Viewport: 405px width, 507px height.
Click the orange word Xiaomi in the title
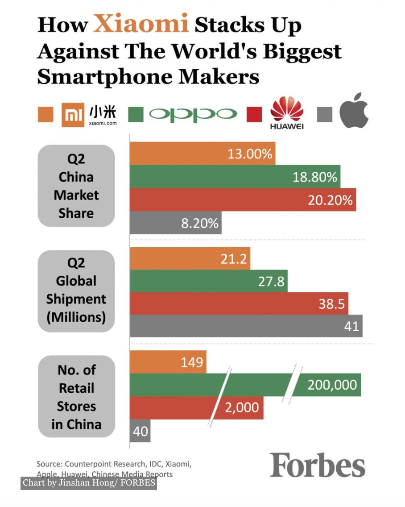tap(141, 24)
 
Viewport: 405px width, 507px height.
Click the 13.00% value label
tap(250, 154)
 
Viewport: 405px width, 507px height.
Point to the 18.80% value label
tap(315, 177)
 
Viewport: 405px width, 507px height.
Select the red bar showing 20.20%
tap(243, 200)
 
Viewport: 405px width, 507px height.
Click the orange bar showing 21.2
tap(190, 259)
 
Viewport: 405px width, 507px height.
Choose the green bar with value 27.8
tap(208, 282)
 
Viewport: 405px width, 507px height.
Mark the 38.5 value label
tap(331, 304)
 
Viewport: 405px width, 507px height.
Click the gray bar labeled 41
tap(246, 326)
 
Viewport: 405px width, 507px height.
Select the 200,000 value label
tap(332, 385)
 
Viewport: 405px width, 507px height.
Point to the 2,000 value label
tap(241, 407)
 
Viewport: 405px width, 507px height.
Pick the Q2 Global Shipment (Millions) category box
tap(76, 291)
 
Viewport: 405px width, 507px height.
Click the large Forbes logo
tap(318, 465)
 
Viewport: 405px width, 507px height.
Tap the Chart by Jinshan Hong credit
tap(89, 483)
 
